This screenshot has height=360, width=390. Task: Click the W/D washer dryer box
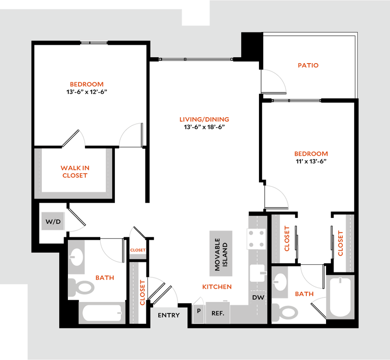(52, 221)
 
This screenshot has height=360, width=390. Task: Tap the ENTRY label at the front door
(169, 315)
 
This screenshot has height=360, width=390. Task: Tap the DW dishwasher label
(257, 297)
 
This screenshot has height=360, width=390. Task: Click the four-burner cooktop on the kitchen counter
(256, 239)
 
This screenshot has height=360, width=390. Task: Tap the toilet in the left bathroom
(81, 287)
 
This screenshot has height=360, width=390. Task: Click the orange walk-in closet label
(75, 171)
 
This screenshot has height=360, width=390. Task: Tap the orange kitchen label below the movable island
(217, 287)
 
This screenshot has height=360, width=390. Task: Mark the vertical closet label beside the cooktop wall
(288, 239)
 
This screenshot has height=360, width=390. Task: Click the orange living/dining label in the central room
(204, 119)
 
